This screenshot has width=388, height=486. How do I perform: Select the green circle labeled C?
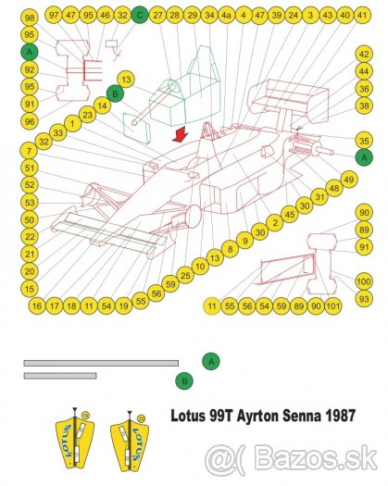tap(139, 15)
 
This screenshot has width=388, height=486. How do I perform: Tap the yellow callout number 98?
tap(31, 19)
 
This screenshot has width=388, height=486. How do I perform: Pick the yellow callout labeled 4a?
tap(226, 16)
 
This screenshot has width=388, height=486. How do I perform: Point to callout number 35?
tap(364, 140)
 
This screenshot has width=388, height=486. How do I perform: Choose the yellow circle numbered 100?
tap(364, 281)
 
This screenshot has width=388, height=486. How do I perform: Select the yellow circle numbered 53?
tap(31, 202)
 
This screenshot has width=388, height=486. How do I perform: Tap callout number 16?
tap(37, 305)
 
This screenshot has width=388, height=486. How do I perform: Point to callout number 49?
tap(348, 178)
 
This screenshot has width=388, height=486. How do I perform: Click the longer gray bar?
tap(101, 363)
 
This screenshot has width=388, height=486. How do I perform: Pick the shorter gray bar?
tap(60, 376)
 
